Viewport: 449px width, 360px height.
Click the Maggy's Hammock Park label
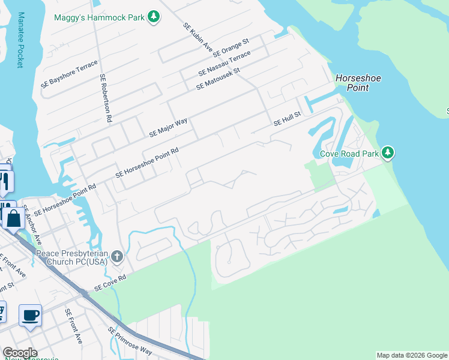click(100, 17)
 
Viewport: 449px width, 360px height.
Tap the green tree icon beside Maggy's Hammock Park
click(154, 17)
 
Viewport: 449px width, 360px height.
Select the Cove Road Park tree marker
click(388, 154)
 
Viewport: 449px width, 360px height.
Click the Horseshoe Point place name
click(358, 83)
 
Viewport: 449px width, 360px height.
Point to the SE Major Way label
click(168, 127)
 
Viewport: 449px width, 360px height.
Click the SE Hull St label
click(286, 119)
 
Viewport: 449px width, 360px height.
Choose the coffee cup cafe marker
click(30, 314)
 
